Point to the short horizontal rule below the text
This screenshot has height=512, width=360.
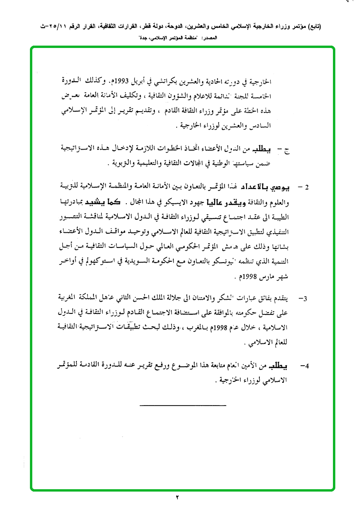(x=183, y=405)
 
